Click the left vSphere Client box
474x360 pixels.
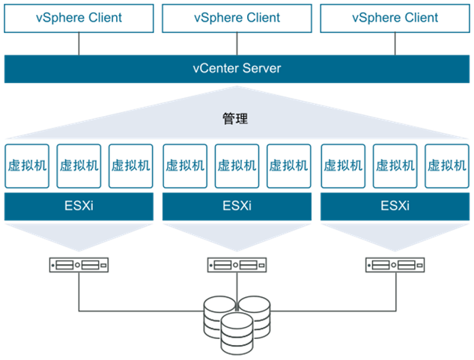coord(79,18)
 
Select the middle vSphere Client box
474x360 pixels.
coord(237,18)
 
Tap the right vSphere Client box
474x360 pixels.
coord(395,18)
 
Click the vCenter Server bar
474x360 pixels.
coord(237,69)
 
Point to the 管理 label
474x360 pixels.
coord(235,118)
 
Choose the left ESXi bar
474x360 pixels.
coord(79,206)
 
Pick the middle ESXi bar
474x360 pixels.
coord(237,206)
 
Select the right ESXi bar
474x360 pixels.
coord(395,206)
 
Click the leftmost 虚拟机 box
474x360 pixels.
coord(26,165)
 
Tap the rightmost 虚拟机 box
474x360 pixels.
coord(446,165)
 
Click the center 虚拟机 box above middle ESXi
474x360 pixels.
coord(237,165)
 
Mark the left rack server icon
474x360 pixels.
coord(79,264)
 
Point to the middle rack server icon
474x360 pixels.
coord(237,264)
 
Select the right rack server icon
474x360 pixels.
coord(395,264)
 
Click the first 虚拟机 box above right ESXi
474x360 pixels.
coord(342,165)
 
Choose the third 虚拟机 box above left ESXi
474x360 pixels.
coord(131,165)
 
